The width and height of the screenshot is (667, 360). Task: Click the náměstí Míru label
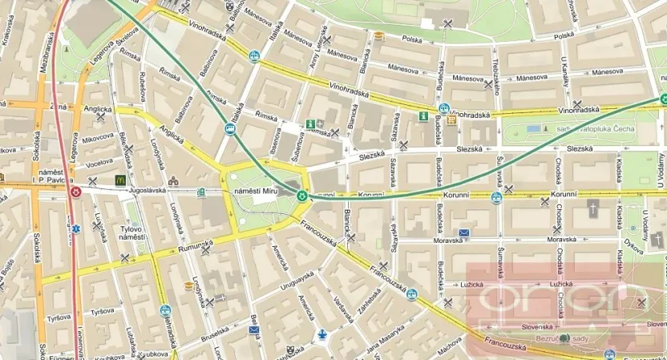pos(254,192)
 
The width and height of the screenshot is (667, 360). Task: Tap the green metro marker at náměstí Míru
pos(302,195)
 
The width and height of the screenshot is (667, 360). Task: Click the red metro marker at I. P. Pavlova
pos(76,192)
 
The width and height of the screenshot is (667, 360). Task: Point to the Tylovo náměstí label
pos(130,233)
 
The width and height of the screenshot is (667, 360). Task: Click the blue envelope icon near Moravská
pos(463,233)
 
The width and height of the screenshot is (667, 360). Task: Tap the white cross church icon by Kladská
pos(594,210)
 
